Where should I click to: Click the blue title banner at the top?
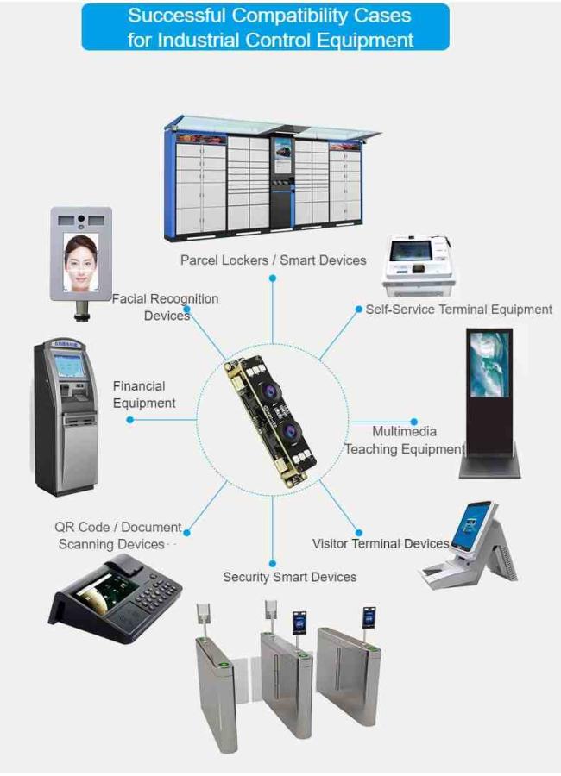click(x=265, y=28)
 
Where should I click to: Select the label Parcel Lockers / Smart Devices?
click(x=273, y=260)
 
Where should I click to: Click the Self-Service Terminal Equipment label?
click(x=458, y=310)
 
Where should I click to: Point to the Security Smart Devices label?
click(x=289, y=577)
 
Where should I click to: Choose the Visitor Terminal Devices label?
click(x=381, y=543)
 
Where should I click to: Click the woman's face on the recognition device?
click(x=79, y=262)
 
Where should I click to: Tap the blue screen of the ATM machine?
click(x=69, y=366)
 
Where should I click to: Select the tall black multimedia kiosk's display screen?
click(x=489, y=364)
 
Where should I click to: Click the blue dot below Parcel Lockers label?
click(x=272, y=278)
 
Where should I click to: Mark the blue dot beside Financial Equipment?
click(x=129, y=420)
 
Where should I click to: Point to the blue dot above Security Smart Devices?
click(x=272, y=563)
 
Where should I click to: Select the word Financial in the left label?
click(x=139, y=386)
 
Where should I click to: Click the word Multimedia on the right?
click(x=405, y=432)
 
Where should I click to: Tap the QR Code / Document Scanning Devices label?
click(x=118, y=535)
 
